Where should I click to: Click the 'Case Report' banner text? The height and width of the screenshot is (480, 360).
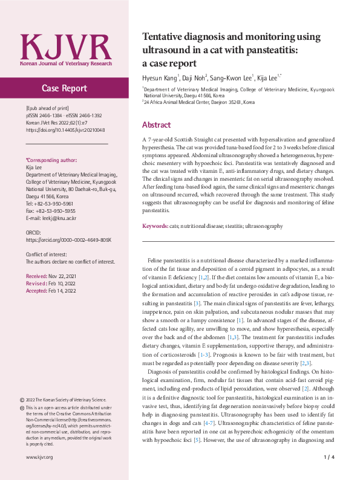tap(64, 88)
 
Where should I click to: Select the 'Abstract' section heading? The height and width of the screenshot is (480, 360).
tap(157, 125)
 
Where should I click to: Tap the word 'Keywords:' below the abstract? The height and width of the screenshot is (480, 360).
tap(155, 225)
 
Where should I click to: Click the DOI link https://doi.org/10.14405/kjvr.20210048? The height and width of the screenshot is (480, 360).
tap(65, 130)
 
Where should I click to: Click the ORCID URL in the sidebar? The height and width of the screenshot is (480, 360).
tap(68, 240)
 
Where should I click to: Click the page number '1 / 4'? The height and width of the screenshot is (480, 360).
tap(330, 458)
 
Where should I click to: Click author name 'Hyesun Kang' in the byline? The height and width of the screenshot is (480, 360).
tap(160, 78)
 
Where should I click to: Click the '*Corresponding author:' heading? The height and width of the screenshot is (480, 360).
tap(51, 161)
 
